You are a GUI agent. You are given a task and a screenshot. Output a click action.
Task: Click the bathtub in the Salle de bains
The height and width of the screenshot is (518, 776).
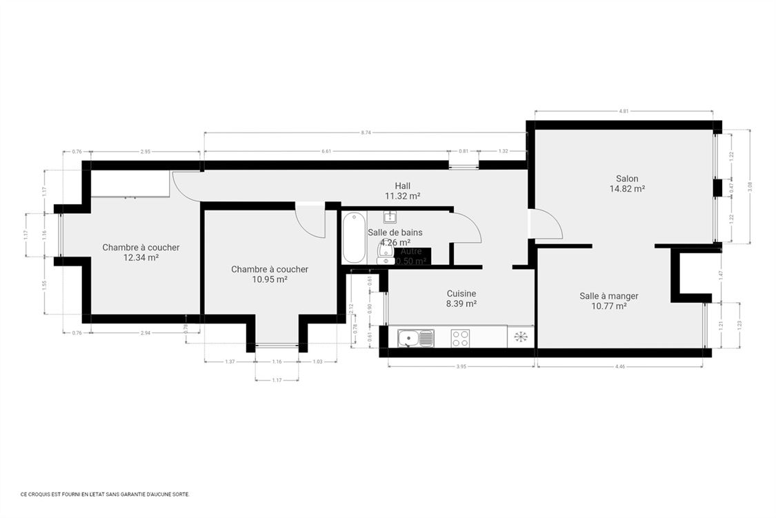(354, 237)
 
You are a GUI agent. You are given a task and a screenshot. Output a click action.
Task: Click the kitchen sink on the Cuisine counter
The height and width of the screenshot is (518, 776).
(415, 338)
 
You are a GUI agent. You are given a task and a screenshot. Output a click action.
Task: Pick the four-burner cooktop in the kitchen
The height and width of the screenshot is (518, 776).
(460, 338)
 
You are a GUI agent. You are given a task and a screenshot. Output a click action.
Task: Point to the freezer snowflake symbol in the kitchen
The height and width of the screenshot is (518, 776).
(521, 337)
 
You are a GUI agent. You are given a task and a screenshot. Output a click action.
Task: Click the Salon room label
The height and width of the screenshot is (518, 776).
(626, 179)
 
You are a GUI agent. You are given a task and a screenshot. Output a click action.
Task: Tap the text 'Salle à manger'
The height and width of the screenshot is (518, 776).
(608, 296)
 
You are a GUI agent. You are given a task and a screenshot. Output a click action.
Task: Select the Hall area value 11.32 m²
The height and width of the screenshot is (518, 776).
(402, 196)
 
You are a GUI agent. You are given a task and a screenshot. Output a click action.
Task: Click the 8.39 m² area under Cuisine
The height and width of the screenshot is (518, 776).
(461, 303)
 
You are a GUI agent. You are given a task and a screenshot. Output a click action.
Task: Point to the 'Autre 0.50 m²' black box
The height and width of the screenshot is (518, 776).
(412, 257)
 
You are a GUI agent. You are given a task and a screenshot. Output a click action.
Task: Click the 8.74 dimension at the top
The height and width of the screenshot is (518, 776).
(365, 132)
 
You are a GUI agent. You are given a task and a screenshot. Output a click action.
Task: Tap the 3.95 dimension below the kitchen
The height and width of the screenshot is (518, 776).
(461, 367)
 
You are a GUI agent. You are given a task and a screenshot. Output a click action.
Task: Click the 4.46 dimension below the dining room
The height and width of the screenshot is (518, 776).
(620, 367)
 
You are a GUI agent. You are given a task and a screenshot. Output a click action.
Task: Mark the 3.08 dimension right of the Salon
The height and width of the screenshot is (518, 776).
(749, 186)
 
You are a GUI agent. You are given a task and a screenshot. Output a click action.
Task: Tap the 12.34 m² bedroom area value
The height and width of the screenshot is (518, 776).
(141, 258)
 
